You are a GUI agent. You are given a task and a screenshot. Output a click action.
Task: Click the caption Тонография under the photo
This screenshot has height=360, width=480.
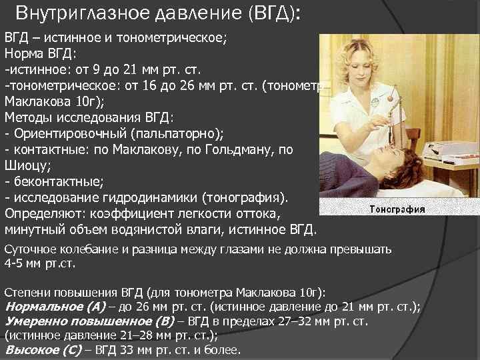[397, 209]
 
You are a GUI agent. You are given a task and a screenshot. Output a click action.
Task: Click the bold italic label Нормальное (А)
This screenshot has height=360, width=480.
[51, 307]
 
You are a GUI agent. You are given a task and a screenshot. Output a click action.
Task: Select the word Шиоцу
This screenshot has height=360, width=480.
[24, 165]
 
